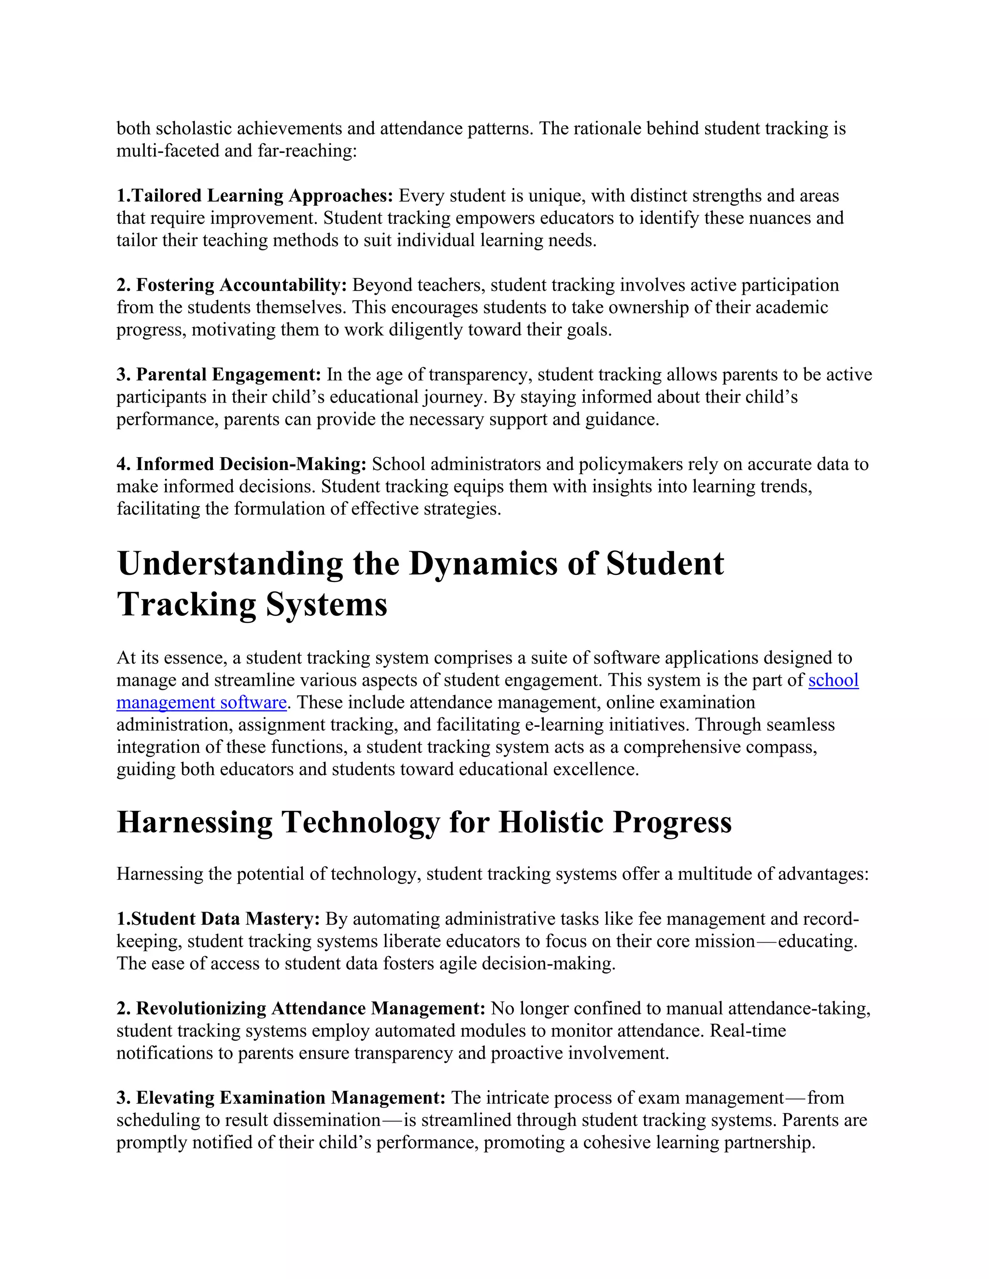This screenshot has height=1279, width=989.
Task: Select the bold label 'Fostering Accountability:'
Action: pos(241,285)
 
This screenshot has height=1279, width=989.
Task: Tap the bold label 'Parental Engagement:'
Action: pos(228,375)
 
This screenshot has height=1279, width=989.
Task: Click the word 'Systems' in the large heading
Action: pos(326,604)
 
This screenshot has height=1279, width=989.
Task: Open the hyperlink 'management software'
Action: pos(201,702)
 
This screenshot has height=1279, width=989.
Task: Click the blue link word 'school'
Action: pos(833,680)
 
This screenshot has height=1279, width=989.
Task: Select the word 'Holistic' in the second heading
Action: pos(550,822)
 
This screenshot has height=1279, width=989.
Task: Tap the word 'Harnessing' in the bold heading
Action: pos(195,822)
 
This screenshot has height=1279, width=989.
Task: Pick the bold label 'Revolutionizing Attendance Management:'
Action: pos(311,1008)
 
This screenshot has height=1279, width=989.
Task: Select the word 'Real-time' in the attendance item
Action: pos(748,1031)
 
